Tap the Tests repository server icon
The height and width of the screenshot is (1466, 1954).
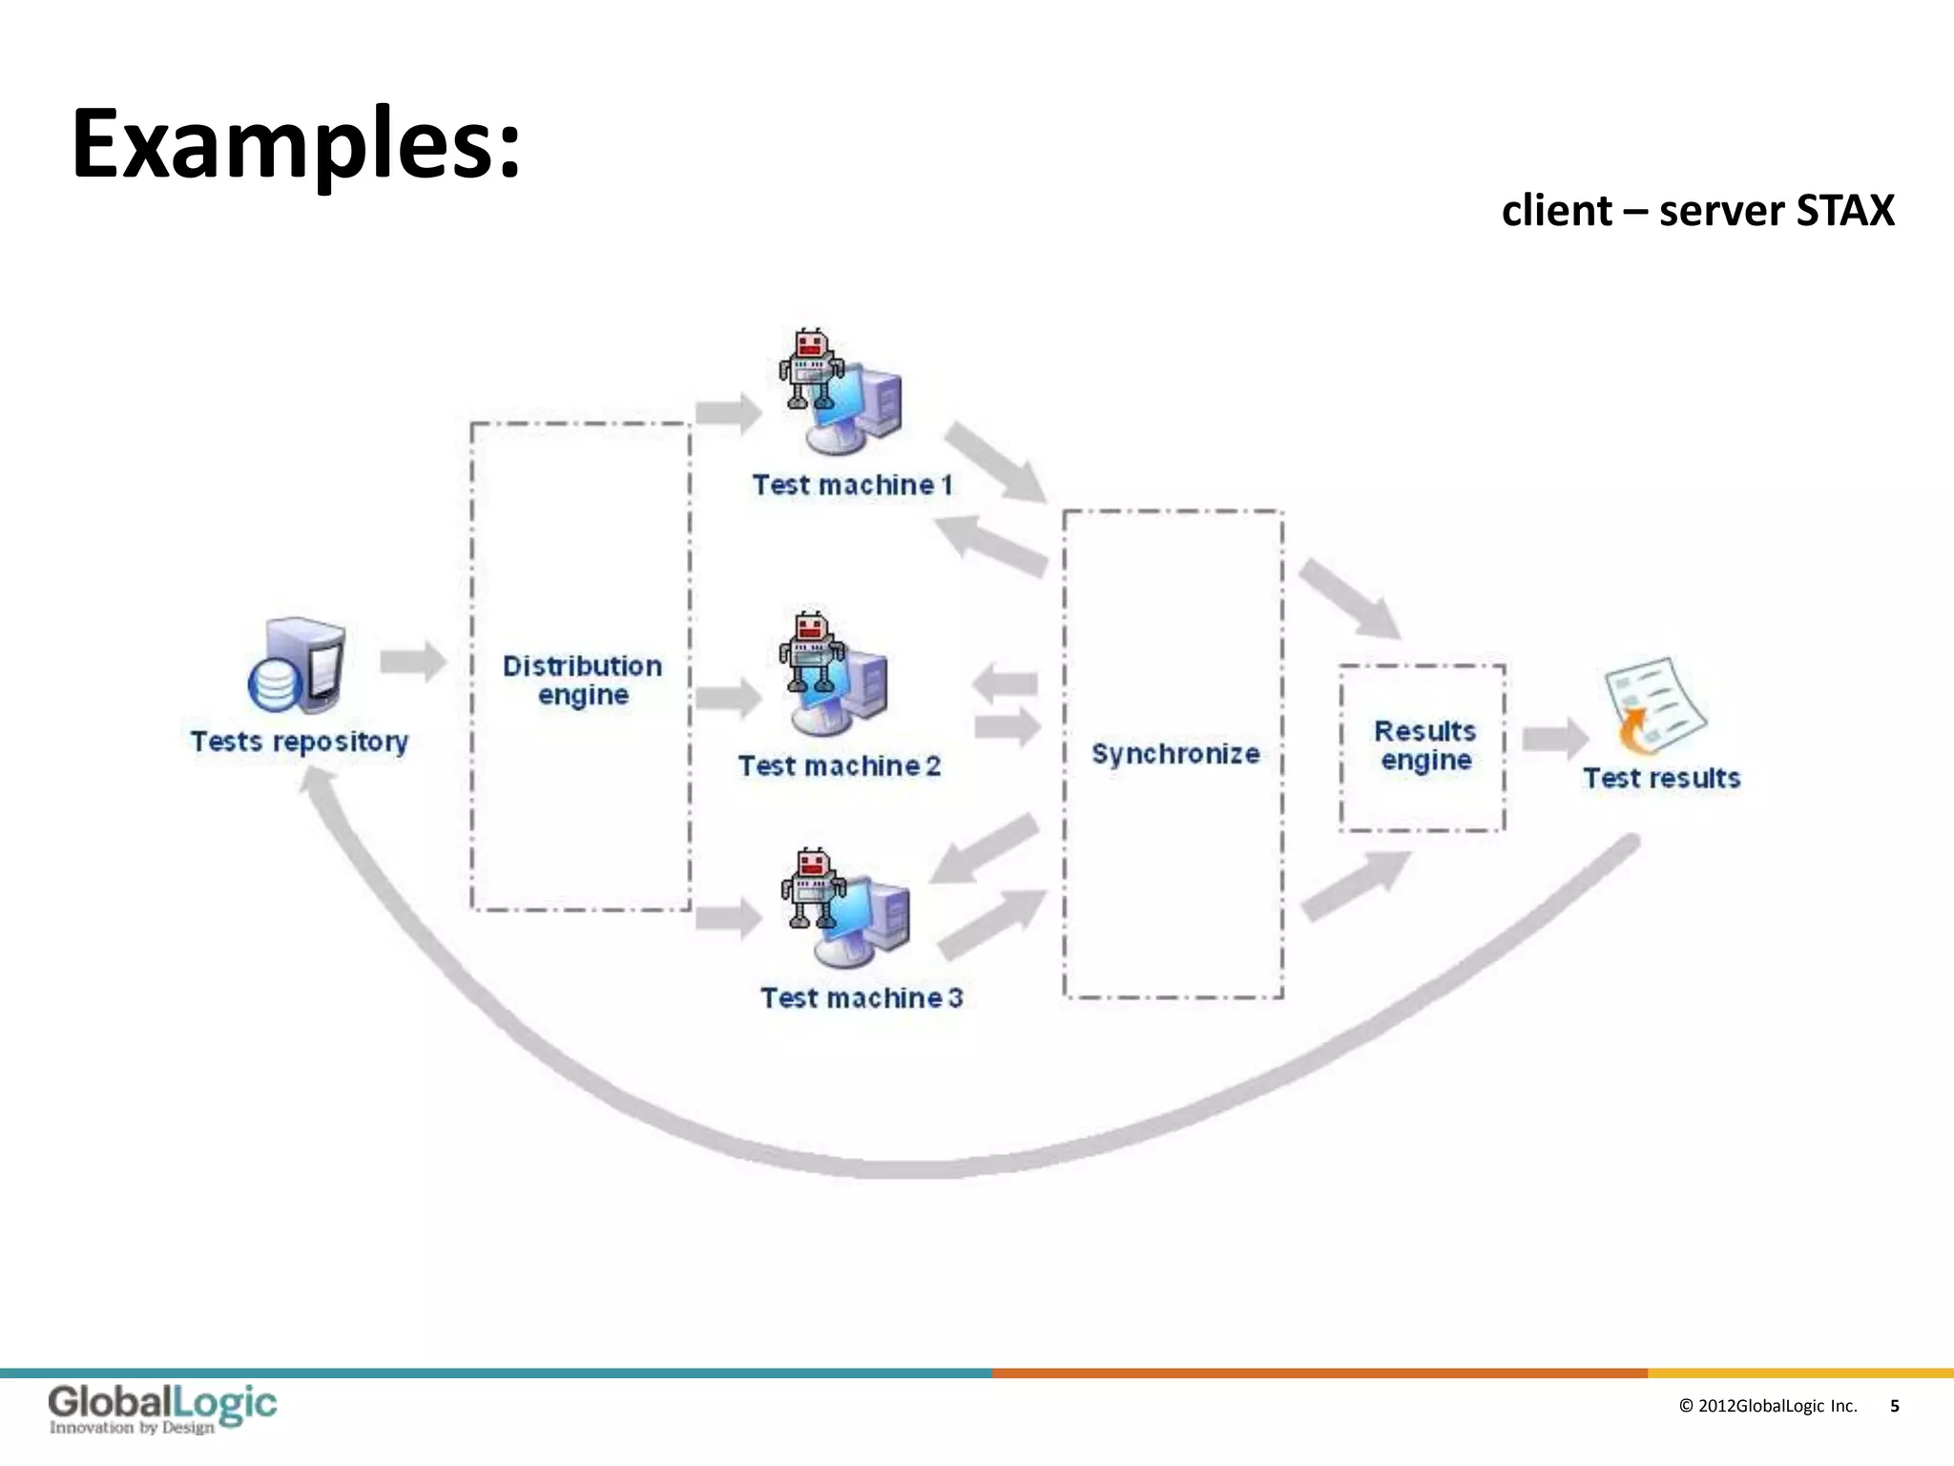click(x=297, y=666)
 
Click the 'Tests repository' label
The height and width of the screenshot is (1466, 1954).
click(x=300, y=742)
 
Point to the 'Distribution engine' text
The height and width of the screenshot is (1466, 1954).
click(x=582, y=680)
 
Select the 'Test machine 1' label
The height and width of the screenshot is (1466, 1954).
click(x=852, y=485)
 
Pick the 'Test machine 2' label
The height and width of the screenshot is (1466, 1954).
click(x=839, y=765)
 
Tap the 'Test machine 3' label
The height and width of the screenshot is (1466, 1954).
click(x=861, y=997)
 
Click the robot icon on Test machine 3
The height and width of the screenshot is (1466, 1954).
click(x=813, y=888)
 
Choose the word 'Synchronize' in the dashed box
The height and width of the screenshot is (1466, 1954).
click(x=1174, y=754)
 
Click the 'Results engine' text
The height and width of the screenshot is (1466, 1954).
click(x=1424, y=745)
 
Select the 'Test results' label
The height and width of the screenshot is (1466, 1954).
click(x=1661, y=778)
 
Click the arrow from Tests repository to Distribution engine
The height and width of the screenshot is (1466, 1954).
click(x=413, y=661)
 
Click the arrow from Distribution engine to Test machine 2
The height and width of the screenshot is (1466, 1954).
click(x=728, y=698)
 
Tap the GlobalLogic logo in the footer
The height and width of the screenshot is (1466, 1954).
click(x=162, y=1409)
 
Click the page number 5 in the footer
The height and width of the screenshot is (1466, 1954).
click(x=1894, y=1406)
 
